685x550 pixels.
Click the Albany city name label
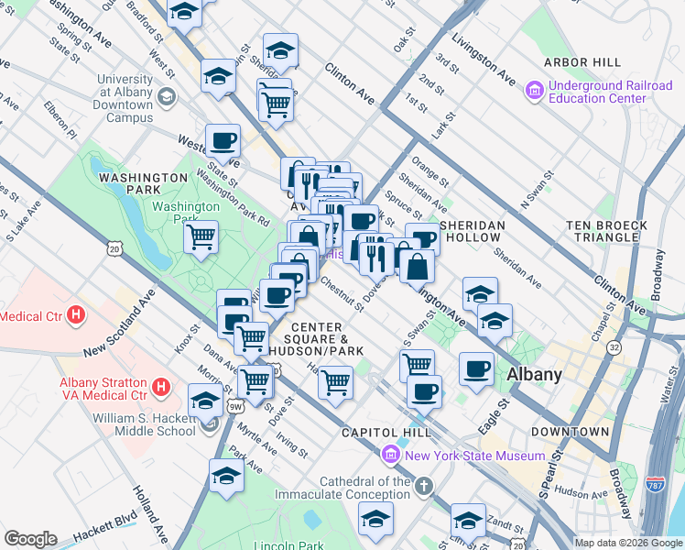535,374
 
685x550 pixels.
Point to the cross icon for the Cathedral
423,485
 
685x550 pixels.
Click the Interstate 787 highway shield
656,486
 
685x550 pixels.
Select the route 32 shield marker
613,347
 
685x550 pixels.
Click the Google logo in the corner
30,538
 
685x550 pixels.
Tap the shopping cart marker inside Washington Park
201,237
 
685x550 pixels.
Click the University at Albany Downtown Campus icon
167,95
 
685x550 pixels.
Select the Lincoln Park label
275,545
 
